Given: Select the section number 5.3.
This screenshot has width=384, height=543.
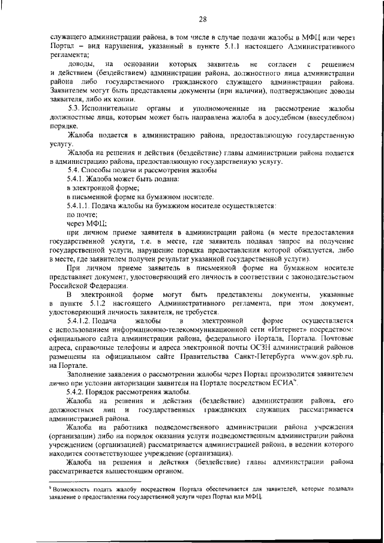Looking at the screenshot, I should point(75,107).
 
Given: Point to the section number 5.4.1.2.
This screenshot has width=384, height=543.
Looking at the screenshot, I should point(80,321).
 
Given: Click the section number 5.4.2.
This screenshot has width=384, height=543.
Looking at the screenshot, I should point(76,391).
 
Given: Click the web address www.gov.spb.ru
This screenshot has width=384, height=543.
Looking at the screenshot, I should point(324,356).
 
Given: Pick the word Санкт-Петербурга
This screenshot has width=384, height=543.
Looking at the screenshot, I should point(262,356).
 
